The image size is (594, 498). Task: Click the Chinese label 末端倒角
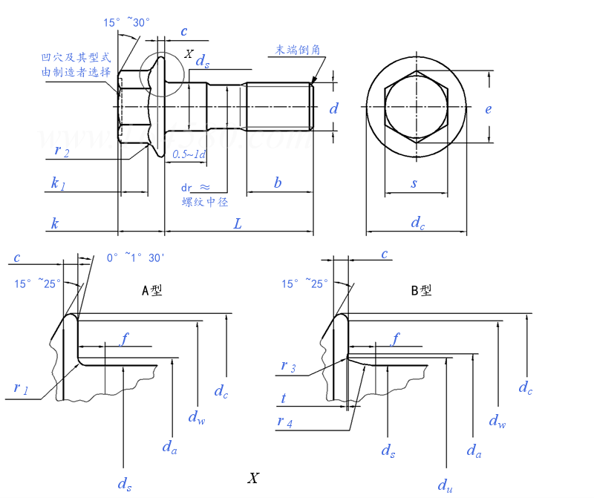click(x=298, y=50)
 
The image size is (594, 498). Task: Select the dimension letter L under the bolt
click(x=238, y=223)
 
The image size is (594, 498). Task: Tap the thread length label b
click(x=278, y=183)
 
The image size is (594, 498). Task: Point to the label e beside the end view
click(x=488, y=109)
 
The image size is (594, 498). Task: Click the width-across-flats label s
click(x=414, y=183)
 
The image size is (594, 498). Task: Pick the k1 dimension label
click(x=58, y=183)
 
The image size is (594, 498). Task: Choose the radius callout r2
click(x=62, y=151)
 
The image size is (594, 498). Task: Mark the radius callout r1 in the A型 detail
click(x=21, y=388)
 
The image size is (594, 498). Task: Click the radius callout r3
click(x=288, y=367)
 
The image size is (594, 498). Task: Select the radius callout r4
click(x=286, y=422)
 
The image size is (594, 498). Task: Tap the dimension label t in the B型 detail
click(x=284, y=399)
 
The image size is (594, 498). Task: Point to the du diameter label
click(x=445, y=485)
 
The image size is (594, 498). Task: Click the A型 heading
click(x=151, y=290)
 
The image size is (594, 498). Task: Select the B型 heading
click(x=421, y=290)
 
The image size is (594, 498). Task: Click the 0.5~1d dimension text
click(x=189, y=154)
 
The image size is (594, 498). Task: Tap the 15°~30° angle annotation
click(x=128, y=23)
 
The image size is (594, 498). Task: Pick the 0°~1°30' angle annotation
click(x=135, y=258)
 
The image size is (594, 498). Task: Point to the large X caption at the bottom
click(x=254, y=478)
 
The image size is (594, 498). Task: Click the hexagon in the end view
click(x=417, y=107)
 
